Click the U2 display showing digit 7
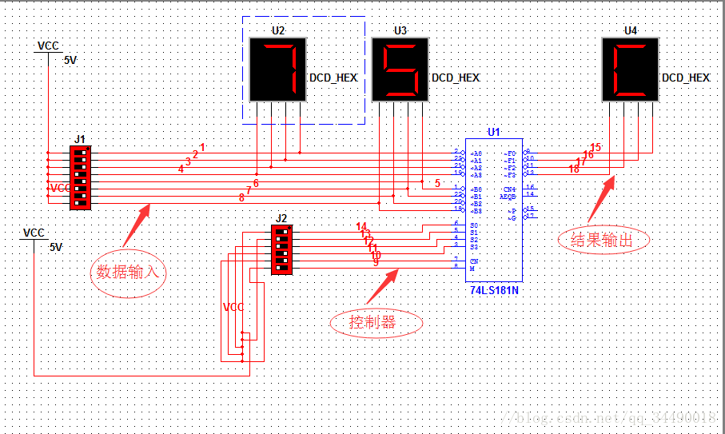[277, 70]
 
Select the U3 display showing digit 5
[400, 70]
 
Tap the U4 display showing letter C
[630, 70]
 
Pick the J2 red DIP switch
[281, 249]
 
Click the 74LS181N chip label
[494, 290]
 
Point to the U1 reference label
[493, 132]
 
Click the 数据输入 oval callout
[129, 271]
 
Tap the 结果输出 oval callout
[604, 240]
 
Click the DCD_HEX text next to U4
[686, 78]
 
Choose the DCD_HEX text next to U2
[333, 78]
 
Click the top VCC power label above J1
[49, 46]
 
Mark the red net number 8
[241, 197]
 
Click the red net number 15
[596, 148]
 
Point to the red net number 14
[361, 227]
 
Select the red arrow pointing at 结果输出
[601, 200]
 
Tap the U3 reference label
[400, 30]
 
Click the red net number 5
[437, 183]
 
